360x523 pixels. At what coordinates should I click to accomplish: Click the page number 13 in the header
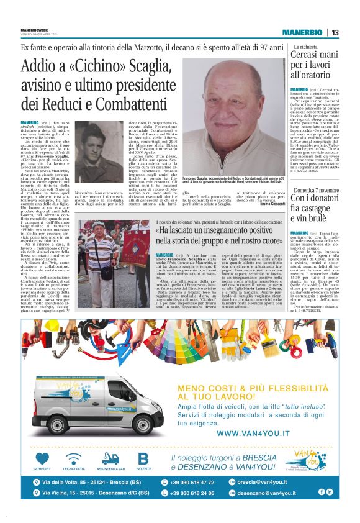coord(335,32)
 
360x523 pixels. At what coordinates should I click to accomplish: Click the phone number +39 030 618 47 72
coord(198,482)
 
